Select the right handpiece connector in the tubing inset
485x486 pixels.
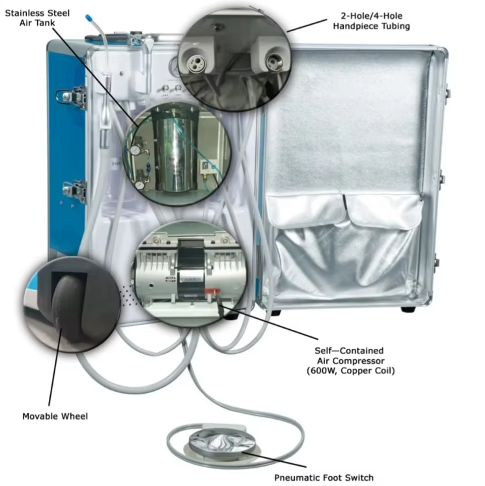coord(271,62)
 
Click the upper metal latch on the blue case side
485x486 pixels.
coord(70,97)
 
